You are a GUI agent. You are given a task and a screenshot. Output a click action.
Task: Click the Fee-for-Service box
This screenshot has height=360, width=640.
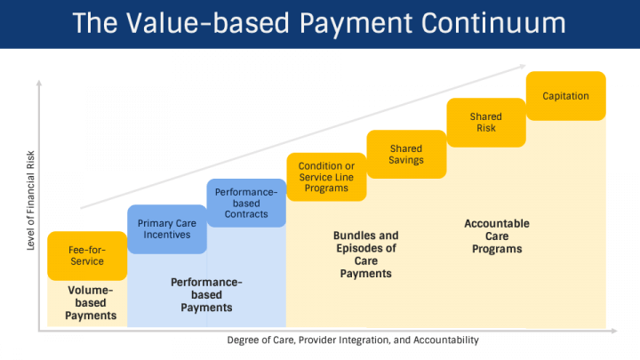(86, 255)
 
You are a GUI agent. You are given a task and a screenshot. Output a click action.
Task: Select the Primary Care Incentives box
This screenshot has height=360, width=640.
(167, 229)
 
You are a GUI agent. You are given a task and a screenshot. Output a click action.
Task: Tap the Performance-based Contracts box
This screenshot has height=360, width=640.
(246, 204)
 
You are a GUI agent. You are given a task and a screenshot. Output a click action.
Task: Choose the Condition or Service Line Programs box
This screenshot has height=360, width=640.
(325, 177)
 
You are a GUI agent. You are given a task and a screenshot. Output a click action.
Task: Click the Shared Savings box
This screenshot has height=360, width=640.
(405, 154)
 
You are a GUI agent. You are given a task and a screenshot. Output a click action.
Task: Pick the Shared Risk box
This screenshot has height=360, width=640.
(486, 123)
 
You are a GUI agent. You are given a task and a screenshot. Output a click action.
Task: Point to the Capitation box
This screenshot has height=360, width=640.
(566, 96)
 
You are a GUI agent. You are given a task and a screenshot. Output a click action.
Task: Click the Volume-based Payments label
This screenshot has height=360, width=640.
(91, 303)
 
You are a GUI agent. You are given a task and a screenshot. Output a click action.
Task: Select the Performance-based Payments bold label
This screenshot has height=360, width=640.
(206, 295)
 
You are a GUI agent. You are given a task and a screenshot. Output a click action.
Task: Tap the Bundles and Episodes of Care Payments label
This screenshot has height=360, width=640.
(365, 254)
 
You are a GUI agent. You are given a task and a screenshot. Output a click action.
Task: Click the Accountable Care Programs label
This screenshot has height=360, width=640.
(497, 236)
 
